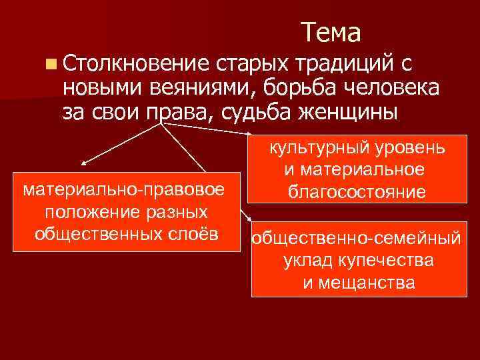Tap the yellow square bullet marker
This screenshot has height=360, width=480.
(x=51, y=64)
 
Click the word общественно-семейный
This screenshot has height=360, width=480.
(x=355, y=239)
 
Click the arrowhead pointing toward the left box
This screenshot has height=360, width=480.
(x=84, y=161)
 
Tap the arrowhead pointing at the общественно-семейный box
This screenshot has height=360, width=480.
(x=248, y=219)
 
